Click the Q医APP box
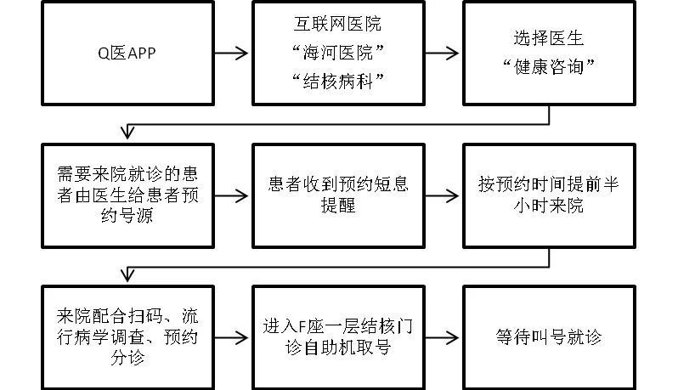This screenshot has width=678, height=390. tap(127, 52)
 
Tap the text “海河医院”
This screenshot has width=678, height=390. tap(337, 53)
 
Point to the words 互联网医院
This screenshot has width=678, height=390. tap(337, 25)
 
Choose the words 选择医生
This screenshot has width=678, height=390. tap(549, 38)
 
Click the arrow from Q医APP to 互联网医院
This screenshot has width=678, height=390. tap(232, 53)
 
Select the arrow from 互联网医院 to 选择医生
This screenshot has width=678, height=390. tap(442, 53)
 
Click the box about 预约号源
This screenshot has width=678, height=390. tap(127, 195)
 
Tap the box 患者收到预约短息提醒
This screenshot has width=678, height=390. tap(337, 195)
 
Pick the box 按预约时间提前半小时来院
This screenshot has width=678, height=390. tap(549, 195)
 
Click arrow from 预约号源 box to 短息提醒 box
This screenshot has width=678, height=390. tap(232, 195)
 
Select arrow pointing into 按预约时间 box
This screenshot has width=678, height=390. tap(442, 195)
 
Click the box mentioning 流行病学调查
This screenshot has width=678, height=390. tap(127, 336)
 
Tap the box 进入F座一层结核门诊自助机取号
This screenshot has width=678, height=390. tap(337, 336)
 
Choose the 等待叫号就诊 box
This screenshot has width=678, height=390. tap(549, 336)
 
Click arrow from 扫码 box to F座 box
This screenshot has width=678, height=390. tap(232, 336)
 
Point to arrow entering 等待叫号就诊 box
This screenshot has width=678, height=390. tap(442, 336)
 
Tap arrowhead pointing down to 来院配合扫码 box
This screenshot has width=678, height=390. tap(127, 274)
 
